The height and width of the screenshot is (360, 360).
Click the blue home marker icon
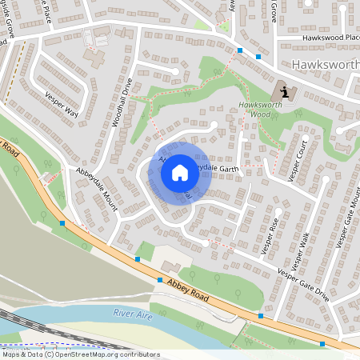tap(180, 173)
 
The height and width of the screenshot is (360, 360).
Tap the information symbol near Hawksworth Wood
tap(286, 92)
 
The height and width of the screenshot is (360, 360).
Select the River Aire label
tap(132, 313)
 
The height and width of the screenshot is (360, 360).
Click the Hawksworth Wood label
tap(257, 111)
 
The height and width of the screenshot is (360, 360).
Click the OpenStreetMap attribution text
tap(81, 354)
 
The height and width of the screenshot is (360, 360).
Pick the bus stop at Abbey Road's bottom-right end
tap(322, 344)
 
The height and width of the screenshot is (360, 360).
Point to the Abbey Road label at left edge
tap(9, 147)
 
